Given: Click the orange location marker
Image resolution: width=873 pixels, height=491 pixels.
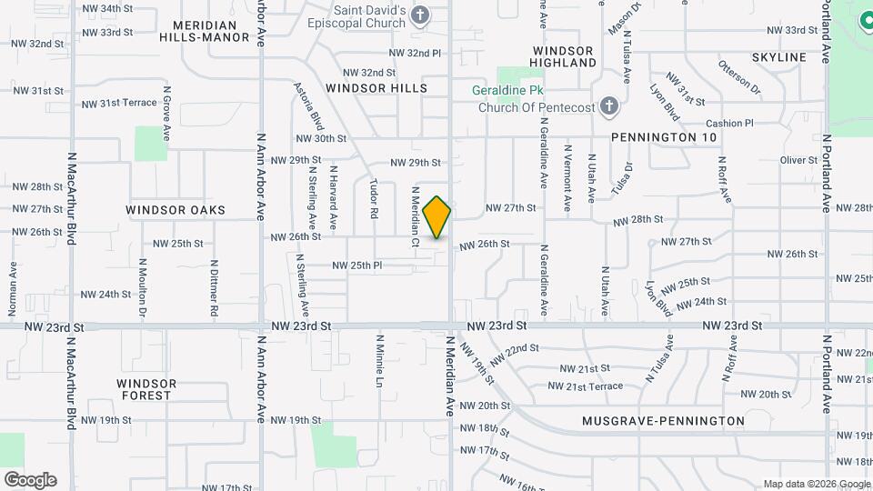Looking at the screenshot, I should tap(437, 217).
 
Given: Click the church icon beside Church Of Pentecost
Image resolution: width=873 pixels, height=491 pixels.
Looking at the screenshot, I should tap(609, 107).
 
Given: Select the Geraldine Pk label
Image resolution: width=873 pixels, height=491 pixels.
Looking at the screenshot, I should tap(507, 91).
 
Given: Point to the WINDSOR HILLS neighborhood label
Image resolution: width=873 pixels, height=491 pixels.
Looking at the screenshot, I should tap(376, 88).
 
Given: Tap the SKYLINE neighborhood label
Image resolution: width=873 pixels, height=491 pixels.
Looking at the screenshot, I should tap(779, 57).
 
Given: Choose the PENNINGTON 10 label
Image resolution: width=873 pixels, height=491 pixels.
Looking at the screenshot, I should tap(664, 136).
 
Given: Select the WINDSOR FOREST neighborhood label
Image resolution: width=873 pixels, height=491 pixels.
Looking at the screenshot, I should tap(145, 389).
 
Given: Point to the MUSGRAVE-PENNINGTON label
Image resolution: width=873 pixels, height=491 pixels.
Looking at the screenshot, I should tap(663, 421).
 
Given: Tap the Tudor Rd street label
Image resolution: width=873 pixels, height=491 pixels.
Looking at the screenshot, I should tap(373, 198).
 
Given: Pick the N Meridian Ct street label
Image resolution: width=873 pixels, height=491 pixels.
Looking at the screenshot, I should tap(414, 216).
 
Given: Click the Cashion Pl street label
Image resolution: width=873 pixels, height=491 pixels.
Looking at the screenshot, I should tap(729, 124).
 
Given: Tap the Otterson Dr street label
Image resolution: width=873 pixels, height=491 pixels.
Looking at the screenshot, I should tap(739, 78).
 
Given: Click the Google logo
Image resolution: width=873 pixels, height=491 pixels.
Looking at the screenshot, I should tap(30, 480).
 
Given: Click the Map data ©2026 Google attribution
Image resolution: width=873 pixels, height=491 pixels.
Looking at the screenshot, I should tap(817, 484).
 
